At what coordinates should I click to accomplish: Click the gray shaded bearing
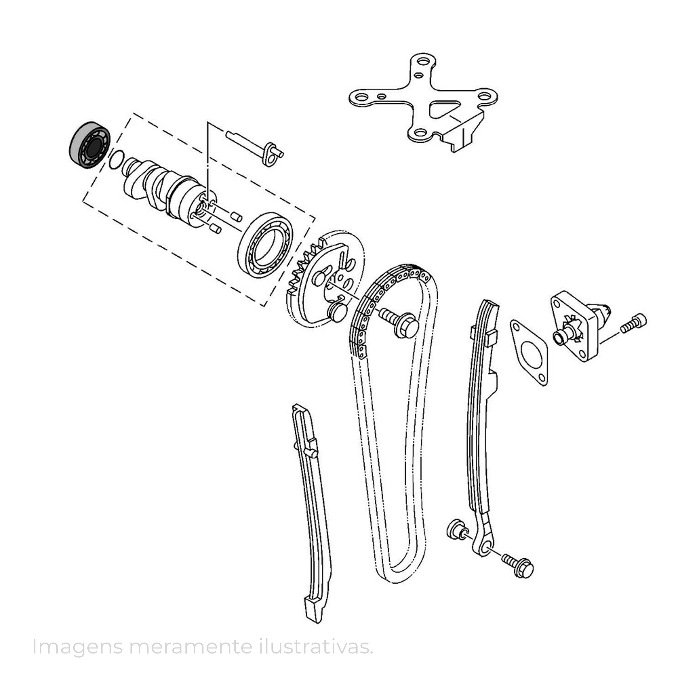click(x=89, y=146)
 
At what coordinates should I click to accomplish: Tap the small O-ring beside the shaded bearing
click(x=116, y=160)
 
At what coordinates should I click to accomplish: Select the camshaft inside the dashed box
click(x=169, y=191)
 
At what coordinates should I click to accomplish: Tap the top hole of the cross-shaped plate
click(x=423, y=63)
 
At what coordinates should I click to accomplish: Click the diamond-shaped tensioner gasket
click(x=529, y=352)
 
